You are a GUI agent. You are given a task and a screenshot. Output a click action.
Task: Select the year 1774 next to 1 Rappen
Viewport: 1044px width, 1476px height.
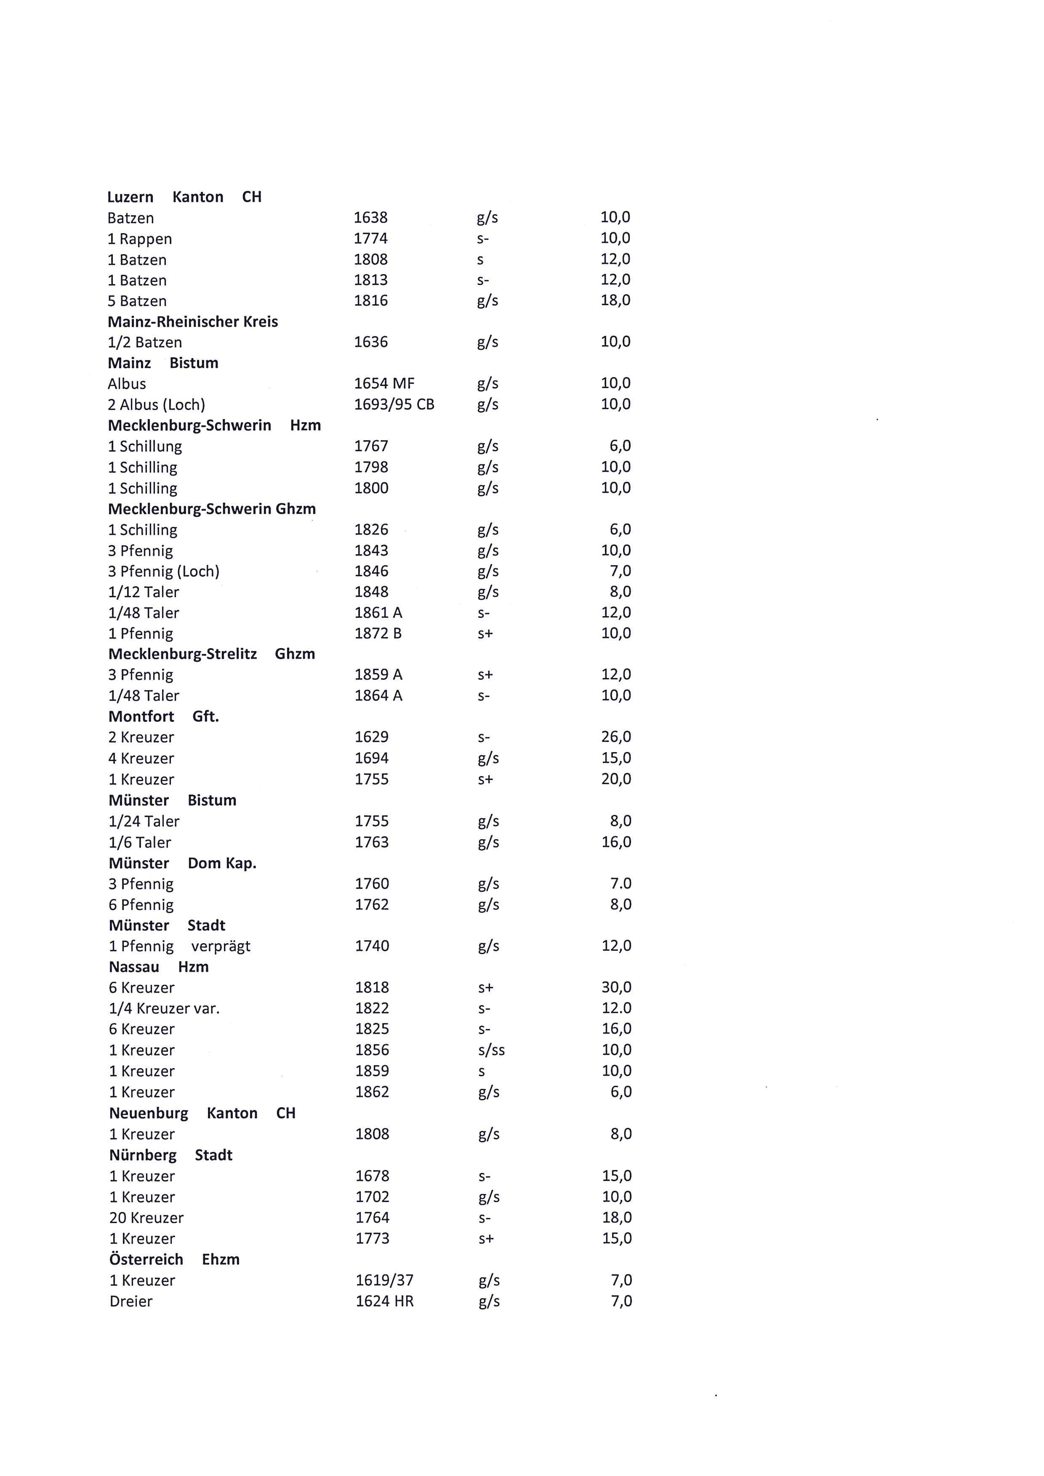click(x=370, y=239)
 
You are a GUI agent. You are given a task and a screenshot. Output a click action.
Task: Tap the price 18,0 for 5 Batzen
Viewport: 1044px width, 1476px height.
click(x=615, y=300)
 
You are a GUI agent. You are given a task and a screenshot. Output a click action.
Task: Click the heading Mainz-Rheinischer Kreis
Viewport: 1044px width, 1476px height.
click(x=193, y=322)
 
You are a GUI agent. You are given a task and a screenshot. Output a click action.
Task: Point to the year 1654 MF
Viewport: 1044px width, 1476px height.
click(x=384, y=384)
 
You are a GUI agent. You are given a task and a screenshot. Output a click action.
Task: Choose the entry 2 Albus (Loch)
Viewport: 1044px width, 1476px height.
click(x=156, y=404)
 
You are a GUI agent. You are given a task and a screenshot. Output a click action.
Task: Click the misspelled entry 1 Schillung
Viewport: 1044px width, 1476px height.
click(x=145, y=446)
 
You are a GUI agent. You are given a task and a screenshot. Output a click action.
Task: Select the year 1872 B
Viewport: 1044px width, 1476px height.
click(x=378, y=633)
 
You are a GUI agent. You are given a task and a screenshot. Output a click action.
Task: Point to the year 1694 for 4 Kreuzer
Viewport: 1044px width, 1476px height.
click(x=372, y=758)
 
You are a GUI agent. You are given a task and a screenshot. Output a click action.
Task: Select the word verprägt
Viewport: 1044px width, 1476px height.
click(x=221, y=946)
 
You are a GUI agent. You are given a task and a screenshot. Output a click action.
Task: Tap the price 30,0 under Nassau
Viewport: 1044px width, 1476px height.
click(x=616, y=987)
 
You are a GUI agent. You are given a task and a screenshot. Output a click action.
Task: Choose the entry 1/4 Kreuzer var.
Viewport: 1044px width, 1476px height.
click(x=164, y=1008)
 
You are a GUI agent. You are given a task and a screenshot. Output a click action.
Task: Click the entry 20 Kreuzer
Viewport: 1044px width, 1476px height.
click(x=146, y=1218)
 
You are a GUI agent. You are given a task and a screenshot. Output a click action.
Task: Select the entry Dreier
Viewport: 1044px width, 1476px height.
click(x=131, y=1301)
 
